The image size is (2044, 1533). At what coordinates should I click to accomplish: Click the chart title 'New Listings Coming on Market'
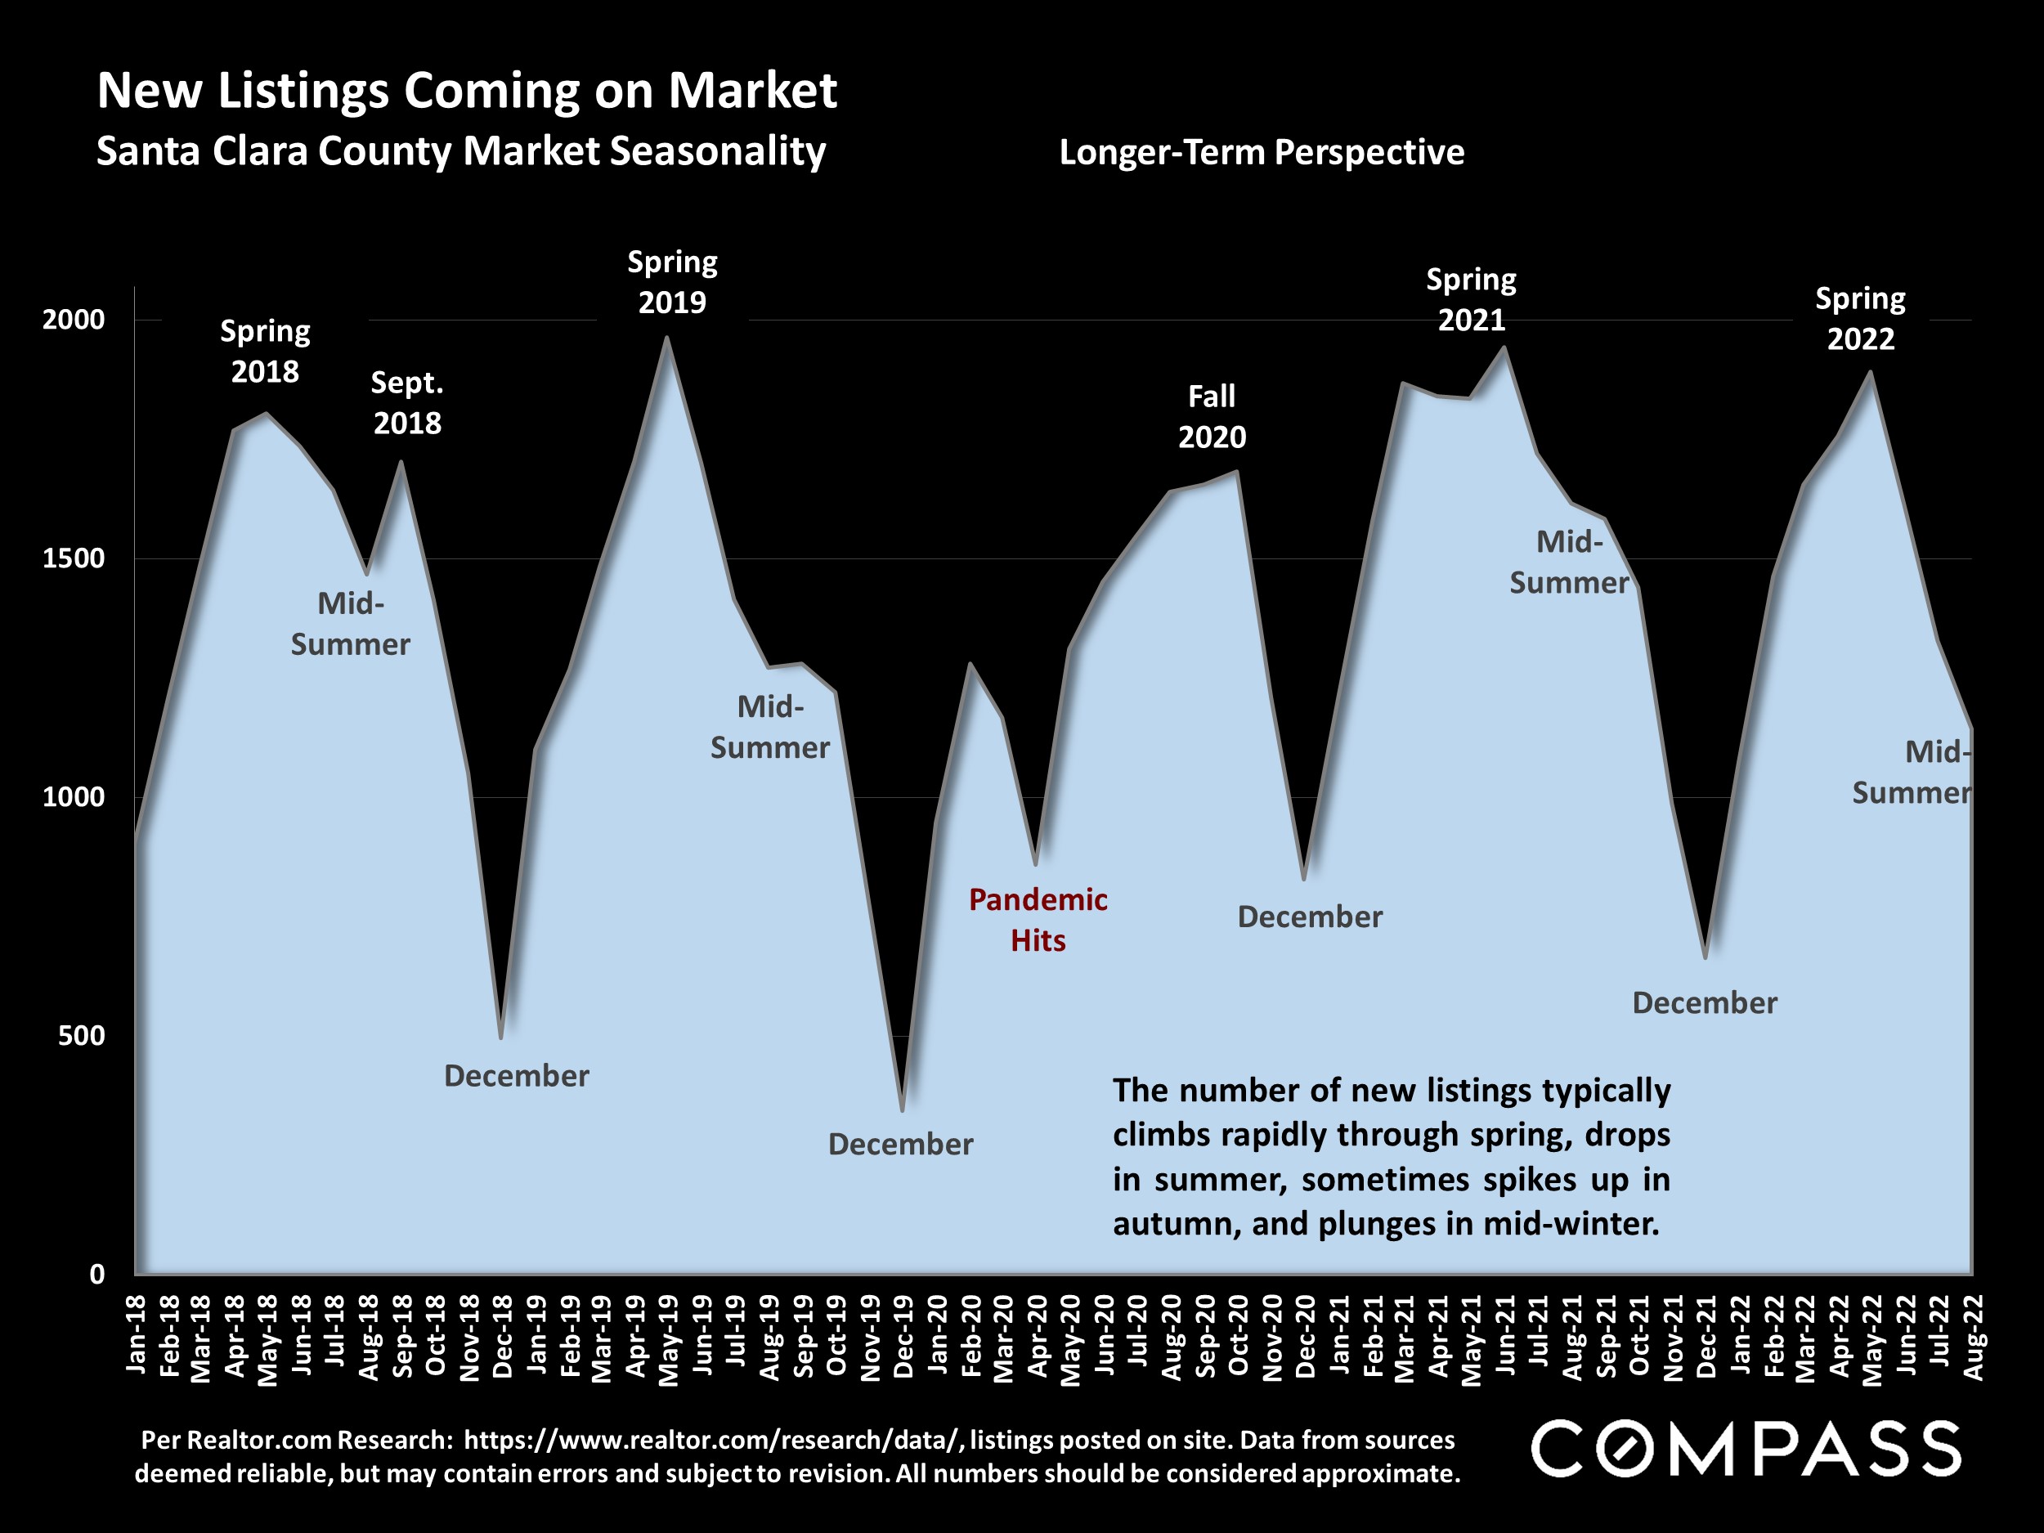pos(467,91)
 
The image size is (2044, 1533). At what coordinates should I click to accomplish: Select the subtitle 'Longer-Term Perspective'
pos(1262,152)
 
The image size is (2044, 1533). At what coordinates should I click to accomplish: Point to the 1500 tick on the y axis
pos(74,558)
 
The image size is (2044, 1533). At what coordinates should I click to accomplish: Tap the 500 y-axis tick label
pos(81,1035)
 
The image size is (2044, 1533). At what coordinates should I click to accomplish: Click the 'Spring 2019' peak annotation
pos(672,282)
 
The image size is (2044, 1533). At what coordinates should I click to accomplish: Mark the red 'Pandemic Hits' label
pos(1038,920)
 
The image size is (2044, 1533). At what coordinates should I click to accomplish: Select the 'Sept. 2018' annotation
pos(406,403)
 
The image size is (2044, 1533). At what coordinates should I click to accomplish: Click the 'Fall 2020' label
pos(1212,417)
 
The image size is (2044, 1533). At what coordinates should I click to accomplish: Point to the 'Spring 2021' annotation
pos(1471,299)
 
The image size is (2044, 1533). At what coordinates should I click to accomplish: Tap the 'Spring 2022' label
pos(1860,319)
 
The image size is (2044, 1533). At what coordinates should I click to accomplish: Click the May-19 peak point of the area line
pos(667,338)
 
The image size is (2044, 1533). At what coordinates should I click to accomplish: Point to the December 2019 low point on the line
pos(902,1109)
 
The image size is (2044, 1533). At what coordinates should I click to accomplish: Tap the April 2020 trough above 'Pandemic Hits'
pos(1036,864)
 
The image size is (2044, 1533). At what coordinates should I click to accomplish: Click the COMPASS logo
pos(1746,1449)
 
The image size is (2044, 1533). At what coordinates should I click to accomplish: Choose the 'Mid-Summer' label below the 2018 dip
pos(350,624)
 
